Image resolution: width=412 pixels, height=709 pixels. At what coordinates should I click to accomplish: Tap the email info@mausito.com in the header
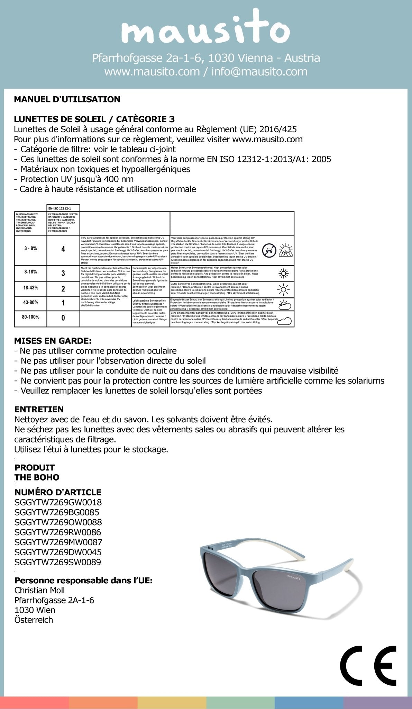259,72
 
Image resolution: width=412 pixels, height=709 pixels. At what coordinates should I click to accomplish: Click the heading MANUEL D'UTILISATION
67,99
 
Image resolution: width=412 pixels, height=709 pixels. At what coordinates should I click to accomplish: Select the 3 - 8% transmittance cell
30,249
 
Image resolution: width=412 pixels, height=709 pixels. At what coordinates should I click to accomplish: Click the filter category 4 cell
63,249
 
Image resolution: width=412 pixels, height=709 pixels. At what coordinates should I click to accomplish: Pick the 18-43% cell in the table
31,288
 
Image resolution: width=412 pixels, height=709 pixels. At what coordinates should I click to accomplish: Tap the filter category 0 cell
63,317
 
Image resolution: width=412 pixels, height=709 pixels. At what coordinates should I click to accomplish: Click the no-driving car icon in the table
269,250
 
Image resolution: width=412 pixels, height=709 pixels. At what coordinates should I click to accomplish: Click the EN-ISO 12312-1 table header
63,208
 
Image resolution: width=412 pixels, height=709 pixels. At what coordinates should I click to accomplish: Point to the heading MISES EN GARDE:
53,341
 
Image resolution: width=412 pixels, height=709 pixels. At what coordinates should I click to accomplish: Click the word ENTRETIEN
39,409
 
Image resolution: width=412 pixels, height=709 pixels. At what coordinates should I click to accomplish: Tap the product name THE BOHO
37,477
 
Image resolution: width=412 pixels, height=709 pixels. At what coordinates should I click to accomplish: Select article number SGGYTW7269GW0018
58,502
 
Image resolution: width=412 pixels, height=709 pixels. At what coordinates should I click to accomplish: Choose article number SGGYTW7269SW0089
58,562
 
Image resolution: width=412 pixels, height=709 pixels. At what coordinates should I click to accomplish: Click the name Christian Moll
39,590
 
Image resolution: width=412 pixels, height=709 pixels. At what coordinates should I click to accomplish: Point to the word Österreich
34,620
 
